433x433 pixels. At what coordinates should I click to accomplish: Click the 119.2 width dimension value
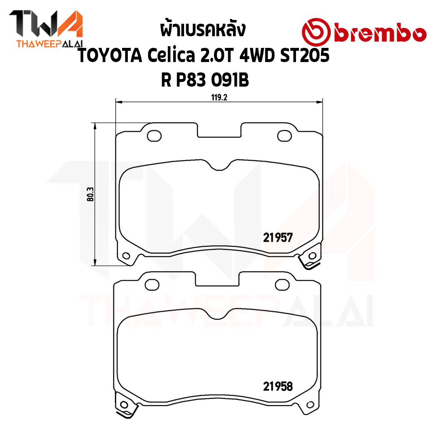(219, 97)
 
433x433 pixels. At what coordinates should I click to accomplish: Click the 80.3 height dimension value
(90, 194)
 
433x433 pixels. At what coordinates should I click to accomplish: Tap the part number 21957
(278, 237)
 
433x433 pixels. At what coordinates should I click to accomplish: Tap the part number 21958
(278, 387)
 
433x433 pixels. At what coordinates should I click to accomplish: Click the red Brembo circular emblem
(316, 32)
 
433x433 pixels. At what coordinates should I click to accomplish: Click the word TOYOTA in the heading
(110, 55)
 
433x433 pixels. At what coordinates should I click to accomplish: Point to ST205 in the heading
(305, 55)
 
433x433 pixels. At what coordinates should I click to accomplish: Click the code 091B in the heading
(230, 80)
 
